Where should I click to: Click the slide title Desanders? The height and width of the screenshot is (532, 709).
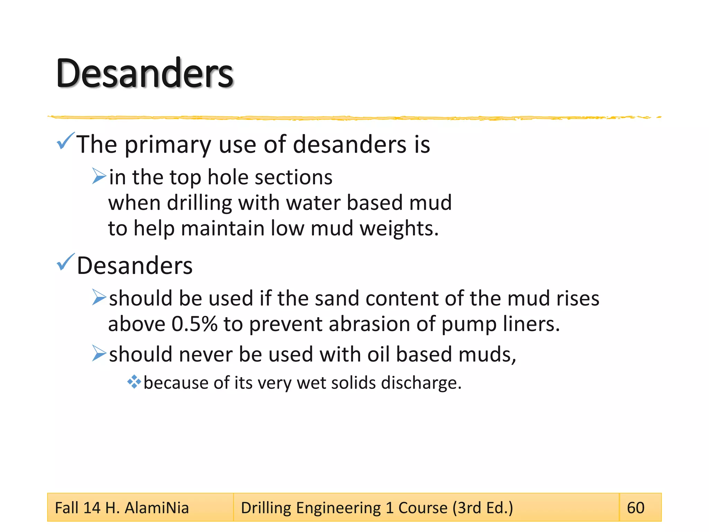coord(145,73)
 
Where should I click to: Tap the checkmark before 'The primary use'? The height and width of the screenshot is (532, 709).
coord(65,141)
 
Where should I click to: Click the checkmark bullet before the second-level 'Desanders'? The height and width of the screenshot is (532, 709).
coord(65,262)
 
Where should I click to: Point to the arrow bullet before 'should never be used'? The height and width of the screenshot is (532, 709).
coord(99,353)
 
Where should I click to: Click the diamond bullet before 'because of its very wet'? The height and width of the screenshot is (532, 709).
coord(134,382)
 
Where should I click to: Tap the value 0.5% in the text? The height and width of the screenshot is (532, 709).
coord(194,324)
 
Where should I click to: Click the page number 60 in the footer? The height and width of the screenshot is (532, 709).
coord(636,508)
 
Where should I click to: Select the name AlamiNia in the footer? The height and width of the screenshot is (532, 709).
coord(156,508)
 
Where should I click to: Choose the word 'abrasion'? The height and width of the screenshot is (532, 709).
coord(369,324)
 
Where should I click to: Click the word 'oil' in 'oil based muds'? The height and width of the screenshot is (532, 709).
coord(378,355)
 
